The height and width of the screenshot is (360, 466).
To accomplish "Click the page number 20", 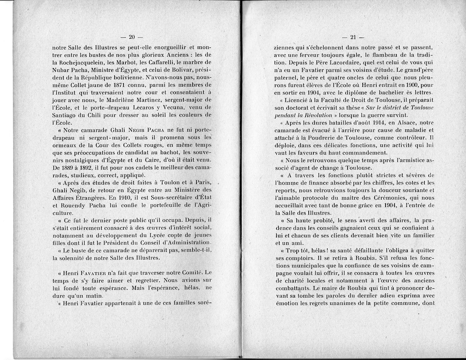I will [x=131, y=37].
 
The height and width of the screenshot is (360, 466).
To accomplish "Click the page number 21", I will [x=353, y=37].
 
